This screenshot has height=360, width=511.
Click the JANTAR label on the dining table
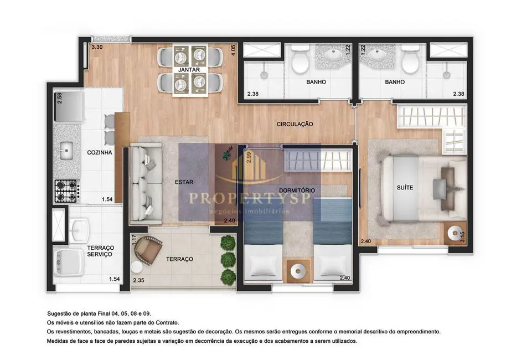(x=189, y=70)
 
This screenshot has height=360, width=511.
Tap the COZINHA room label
(x=100, y=152)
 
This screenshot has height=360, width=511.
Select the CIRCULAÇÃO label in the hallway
(x=295, y=124)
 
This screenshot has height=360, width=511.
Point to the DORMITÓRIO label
(x=297, y=190)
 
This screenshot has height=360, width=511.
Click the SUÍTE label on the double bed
(x=405, y=188)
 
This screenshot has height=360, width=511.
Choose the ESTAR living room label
(x=184, y=182)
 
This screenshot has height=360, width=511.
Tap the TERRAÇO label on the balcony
(x=179, y=259)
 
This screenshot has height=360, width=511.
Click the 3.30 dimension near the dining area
(x=97, y=47)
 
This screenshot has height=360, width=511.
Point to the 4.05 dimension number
(x=233, y=50)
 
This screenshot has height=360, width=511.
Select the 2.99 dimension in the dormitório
(x=249, y=158)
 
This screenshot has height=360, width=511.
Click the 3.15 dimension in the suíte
(x=462, y=236)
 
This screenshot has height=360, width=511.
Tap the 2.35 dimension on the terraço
(x=138, y=280)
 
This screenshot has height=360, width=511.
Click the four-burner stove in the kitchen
(x=66, y=191)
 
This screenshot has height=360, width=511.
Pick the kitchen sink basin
(x=66, y=150)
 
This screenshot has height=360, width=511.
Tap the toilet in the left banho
(x=300, y=59)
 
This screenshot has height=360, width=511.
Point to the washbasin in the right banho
(x=378, y=55)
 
